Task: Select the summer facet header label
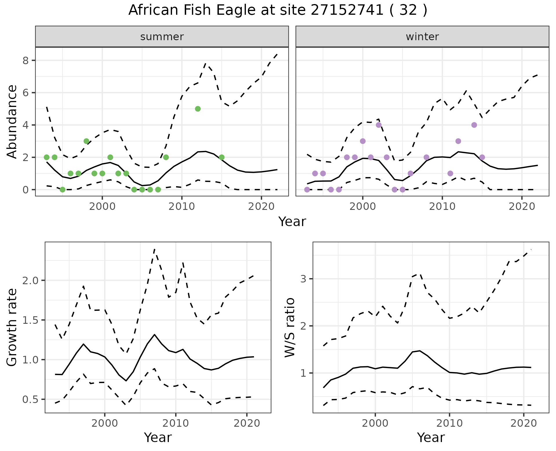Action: (x=162, y=37)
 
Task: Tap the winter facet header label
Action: (x=422, y=37)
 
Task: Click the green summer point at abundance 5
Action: (x=198, y=109)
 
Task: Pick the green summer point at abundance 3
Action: (x=86, y=141)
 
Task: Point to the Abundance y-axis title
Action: (x=12, y=121)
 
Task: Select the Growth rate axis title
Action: (x=12, y=327)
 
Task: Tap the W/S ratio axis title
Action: (x=290, y=327)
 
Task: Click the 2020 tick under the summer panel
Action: (x=261, y=207)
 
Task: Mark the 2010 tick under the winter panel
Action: (x=442, y=207)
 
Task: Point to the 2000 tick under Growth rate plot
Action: (x=105, y=423)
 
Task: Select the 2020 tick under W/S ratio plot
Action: (x=524, y=423)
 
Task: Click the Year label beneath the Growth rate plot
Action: (x=158, y=438)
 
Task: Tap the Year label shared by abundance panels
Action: (x=292, y=222)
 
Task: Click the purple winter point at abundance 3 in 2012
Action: (x=458, y=141)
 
